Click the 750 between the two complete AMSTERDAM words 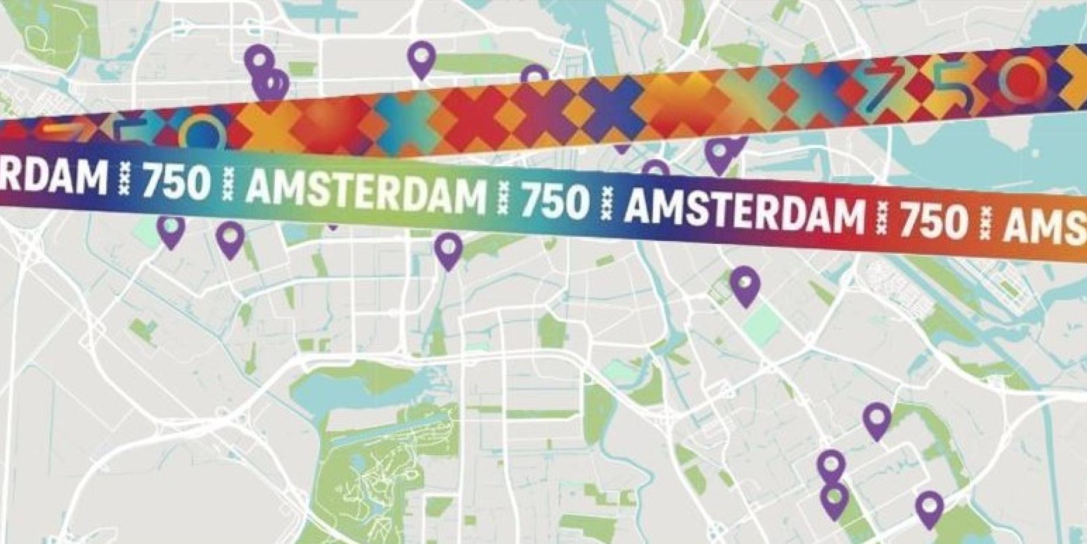[x=554, y=200]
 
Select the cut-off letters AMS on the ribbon [x=1045, y=226]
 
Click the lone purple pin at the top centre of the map [x=421, y=58]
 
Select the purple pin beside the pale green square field [x=745, y=284]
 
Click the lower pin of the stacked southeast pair [x=834, y=500]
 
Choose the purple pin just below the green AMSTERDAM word [x=448, y=249]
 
